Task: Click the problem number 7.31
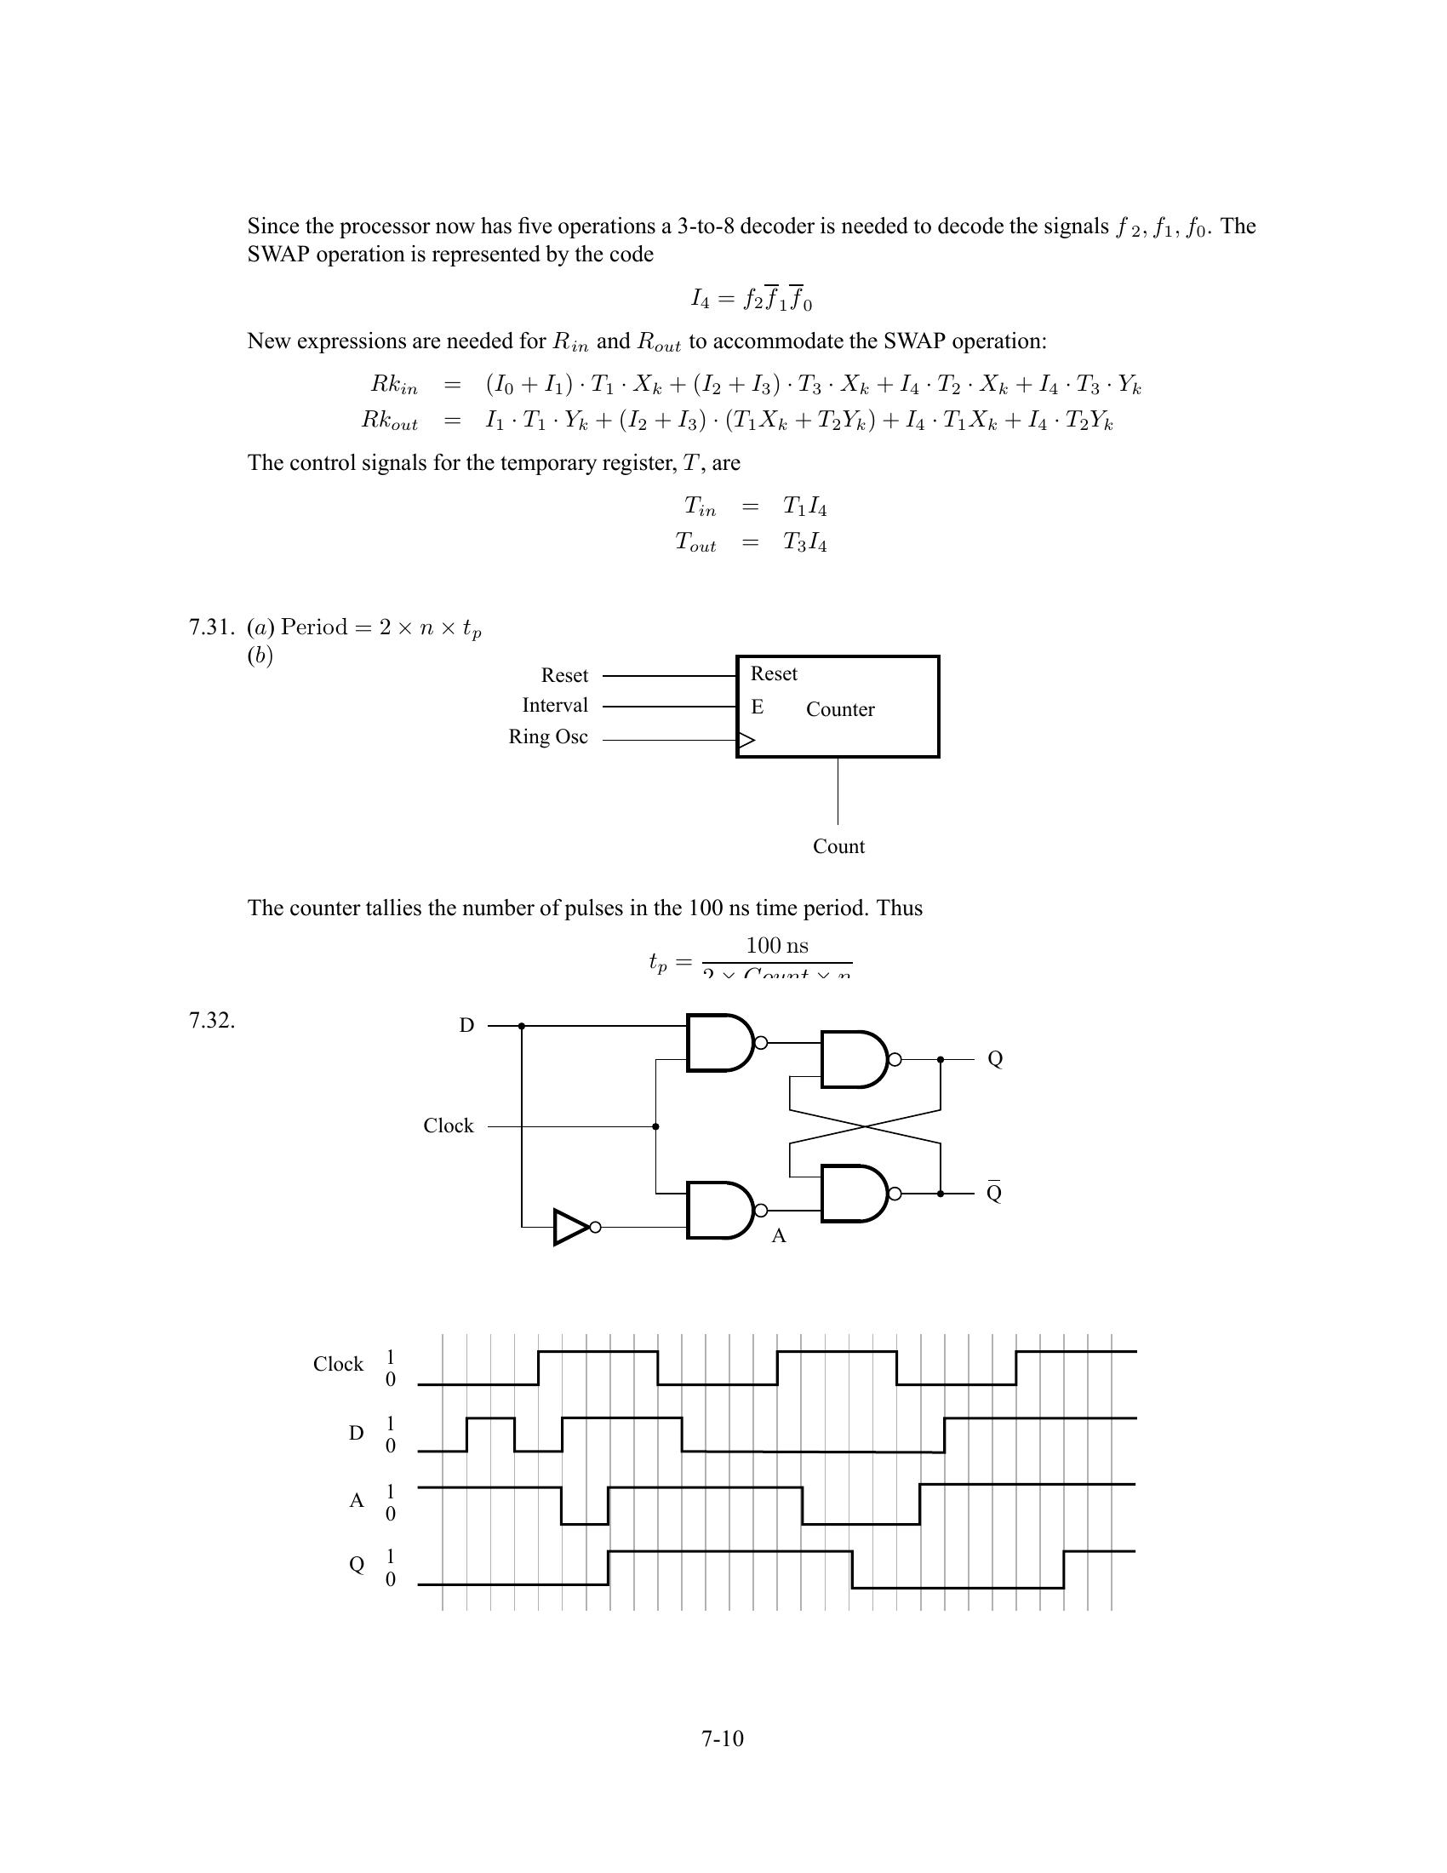click(x=210, y=627)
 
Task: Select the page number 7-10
click(x=722, y=1738)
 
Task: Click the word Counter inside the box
click(x=840, y=709)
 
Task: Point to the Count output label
click(x=838, y=846)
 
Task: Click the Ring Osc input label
click(x=548, y=736)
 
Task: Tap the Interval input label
click(x=555, y=705)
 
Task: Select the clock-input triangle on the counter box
click(x=746, y=739)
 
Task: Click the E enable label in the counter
click(x=757, y=707)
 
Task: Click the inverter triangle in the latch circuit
click(x=569, y=1226)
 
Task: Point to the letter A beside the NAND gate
click(x=778, y=1236)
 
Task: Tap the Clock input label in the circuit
click(x=449, y=1126)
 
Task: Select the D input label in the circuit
click(x=466, y=1025)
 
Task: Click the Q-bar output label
click(x=994, y=1193)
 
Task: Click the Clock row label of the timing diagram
click(x=338, y=1364)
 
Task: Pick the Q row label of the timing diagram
click(x=357, y=1564)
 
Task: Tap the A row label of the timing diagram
click(x=357, y=1500)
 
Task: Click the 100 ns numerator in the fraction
click(x=776, y=945)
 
